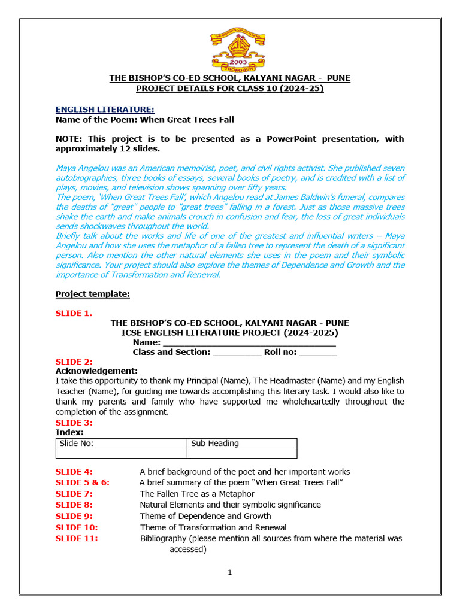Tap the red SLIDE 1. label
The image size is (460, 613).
tap(74, 312)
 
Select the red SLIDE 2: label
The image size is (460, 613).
tap(74, 362)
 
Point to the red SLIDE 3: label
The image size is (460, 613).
tap(74, 423)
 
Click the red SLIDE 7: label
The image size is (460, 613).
tap(74, 494)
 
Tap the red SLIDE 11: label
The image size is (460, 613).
tap(77, 538)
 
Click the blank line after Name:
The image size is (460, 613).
tap(249, 343)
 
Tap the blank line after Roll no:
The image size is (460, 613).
tap(318, 353)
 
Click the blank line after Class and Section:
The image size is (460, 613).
tap(237, 353)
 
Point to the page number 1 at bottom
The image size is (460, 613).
tap(229, 573)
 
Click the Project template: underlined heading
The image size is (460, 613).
tap(93, 293)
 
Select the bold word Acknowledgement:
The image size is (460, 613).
tap(96, 371)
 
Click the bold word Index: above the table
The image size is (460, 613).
tap(69, 432)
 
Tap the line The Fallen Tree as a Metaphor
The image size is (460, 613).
tap(197, 494)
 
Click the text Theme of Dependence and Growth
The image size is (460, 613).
tap(205, 516)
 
